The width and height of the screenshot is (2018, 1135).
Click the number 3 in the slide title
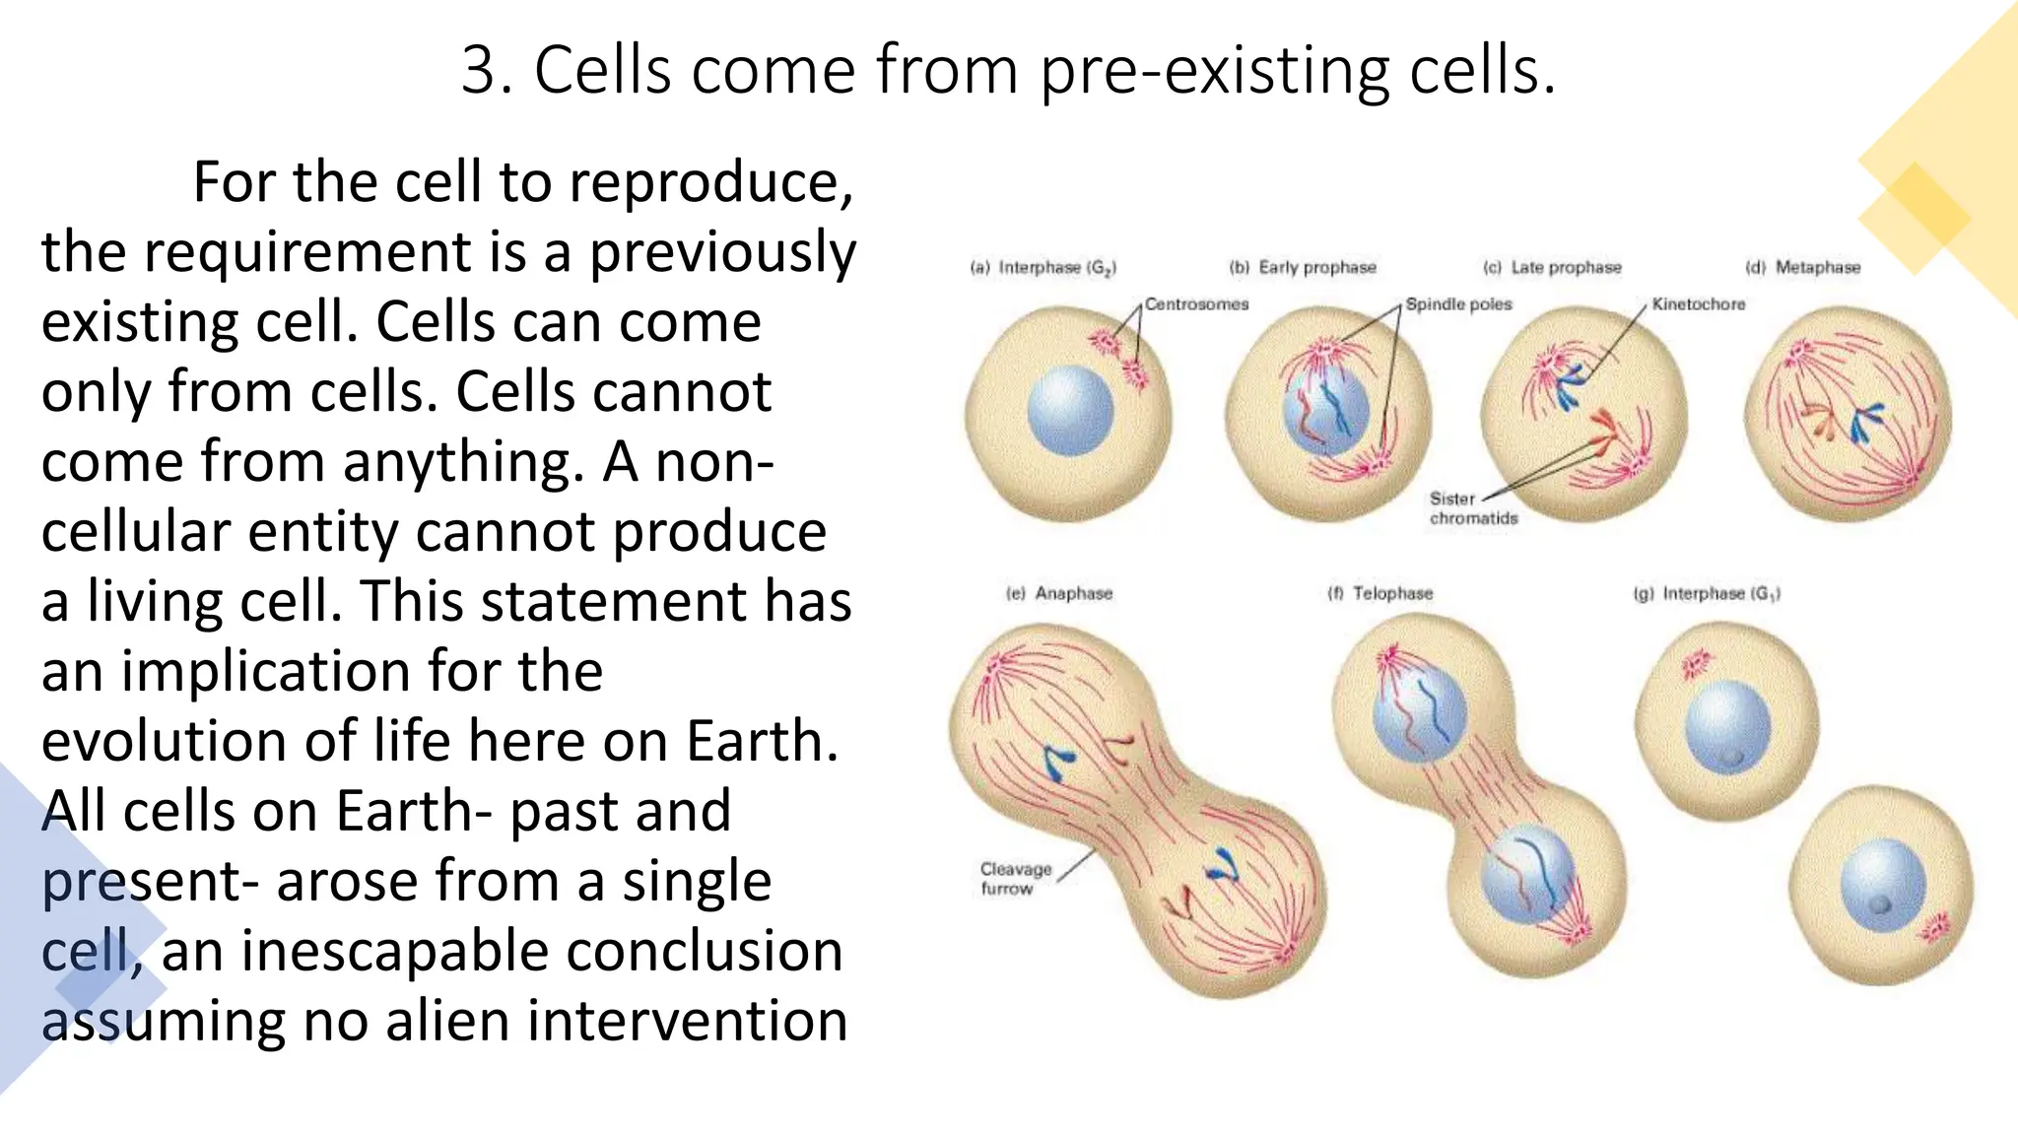click(x=482, y=71)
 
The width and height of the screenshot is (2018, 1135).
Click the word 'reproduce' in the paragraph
click(x=709, y=182)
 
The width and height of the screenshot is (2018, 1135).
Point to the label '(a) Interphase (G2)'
click(x=1043, y=268)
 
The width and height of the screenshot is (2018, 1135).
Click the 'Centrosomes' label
click(x=1196, y=304)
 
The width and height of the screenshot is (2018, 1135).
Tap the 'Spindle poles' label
click(x=1458, y=304)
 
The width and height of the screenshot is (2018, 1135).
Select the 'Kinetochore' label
click(x=1698, y=304)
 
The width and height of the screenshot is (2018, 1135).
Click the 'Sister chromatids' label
click(x=1472, y=508)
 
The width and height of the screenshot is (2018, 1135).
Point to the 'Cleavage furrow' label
click(x=1015, y=878)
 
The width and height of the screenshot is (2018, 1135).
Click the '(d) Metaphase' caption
click(x=1802, y=268)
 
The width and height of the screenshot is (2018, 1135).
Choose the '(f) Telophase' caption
click(x=1379, y=594)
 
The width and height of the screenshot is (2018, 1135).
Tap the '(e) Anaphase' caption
click(x=1059, y=594)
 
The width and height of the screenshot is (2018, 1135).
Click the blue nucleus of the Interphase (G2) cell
click(x=1069, y=410)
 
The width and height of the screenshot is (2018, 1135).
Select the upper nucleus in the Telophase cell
click(x=1419, y=714)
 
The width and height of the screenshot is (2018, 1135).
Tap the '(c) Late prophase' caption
click(x=1552, y=268)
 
